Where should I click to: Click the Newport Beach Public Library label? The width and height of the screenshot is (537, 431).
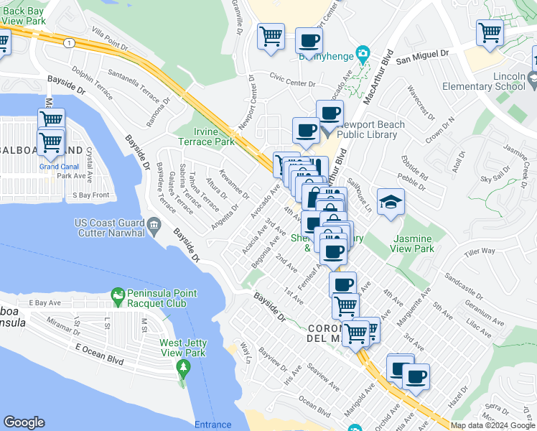(x=370, y=129)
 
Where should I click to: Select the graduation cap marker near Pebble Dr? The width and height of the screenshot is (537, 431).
(x=391, y=202)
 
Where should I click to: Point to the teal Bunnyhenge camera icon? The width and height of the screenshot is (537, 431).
(x=363, y=52)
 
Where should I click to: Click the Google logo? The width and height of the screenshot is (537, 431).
(x=24, y=422)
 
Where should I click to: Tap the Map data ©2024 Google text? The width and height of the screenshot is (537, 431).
(x=492, y=425)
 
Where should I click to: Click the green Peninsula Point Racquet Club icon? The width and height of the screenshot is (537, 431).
(x=117, y=295)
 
